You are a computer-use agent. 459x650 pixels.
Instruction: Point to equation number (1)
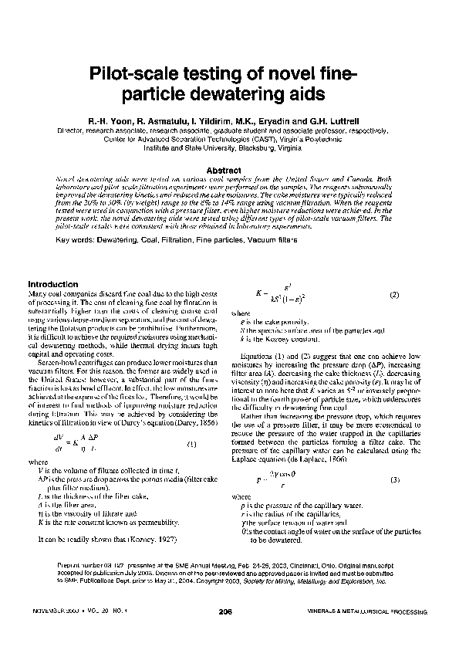pos(191,444)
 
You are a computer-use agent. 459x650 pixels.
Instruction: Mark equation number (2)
pos(393,296)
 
